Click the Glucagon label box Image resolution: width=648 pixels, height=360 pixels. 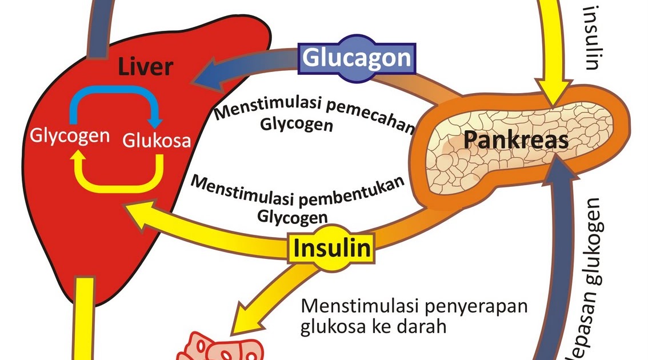[x=356, y=58]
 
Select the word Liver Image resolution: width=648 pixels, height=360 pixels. [x=146, y=67]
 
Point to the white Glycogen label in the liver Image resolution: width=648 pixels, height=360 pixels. [x=69, y=137]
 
